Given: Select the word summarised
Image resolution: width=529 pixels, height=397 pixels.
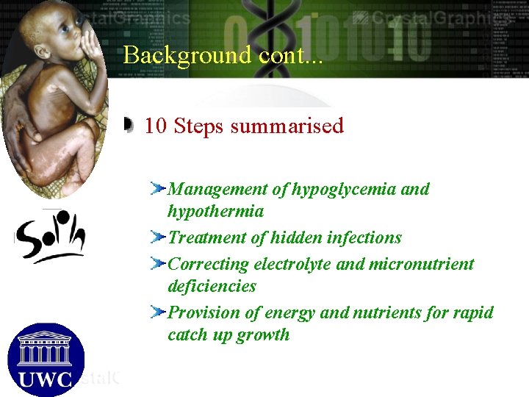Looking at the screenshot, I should point(287,126).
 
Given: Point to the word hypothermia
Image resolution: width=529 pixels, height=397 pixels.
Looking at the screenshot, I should point(215,212).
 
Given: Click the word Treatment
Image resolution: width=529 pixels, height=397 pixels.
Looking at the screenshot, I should point(209,237).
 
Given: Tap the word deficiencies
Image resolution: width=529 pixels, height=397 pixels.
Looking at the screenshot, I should point(212,286).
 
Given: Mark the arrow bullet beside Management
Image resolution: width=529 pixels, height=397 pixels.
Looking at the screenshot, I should point(156,190).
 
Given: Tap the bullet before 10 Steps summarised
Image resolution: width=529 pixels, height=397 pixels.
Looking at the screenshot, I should point(129,126).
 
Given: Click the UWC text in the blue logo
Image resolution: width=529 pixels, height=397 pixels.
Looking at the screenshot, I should point(46,380).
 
